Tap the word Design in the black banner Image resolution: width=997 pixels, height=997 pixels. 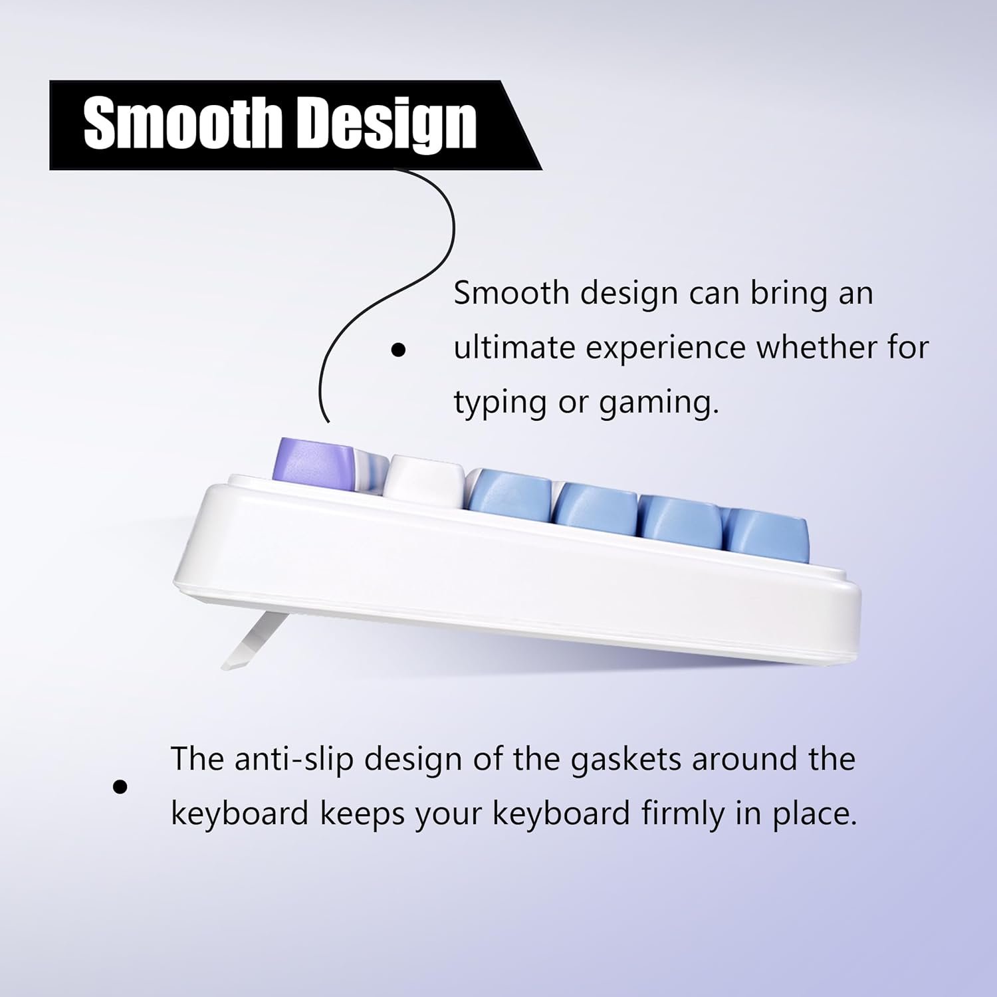coord(386,126)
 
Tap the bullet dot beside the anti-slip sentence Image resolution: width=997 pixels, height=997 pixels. coord(120,788)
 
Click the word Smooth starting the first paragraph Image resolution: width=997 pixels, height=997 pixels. coord(510,293)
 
